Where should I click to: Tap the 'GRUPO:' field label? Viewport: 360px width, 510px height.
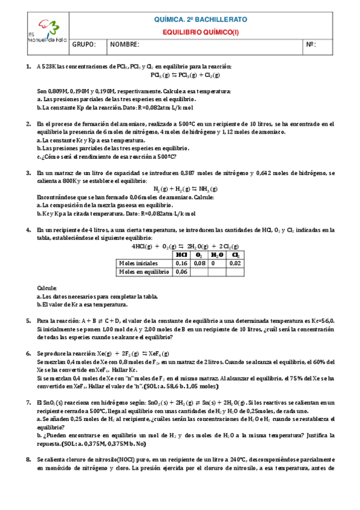click(x=84, y=45)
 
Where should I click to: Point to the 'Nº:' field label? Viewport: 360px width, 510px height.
click(x=311, y=45)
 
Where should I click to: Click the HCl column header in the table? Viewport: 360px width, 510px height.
click(x=182, y=254)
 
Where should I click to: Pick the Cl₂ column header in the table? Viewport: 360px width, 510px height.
click(x=235, y=254)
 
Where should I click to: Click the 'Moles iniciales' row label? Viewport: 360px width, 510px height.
click(x=139, y=263)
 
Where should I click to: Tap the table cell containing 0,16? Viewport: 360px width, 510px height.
click(x=182, y=263)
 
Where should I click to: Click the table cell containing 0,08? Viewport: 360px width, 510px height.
click(x=200, y=263)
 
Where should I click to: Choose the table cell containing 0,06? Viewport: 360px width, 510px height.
click(x=182, y=272)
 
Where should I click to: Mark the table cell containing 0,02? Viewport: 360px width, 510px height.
click(x=235, y=263)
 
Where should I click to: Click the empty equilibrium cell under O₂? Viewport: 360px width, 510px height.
click(x=200, y=272)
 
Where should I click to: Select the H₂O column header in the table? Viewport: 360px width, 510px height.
click(x=217, y=254)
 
